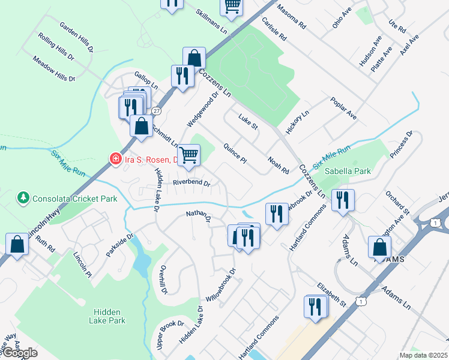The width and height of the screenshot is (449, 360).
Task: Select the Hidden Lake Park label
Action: click(109, 316)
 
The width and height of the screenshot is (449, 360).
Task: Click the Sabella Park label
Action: click(348, 171)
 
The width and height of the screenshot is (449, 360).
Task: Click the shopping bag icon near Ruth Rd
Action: click(17, 244)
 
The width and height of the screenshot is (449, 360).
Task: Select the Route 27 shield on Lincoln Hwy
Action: click(156, 111)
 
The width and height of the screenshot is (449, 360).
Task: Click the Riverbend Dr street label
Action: click(191, 183)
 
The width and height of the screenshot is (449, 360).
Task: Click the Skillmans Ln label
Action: click(212, 22)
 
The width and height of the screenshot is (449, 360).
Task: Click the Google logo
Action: click(20, 353)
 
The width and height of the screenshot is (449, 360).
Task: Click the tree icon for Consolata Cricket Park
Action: click(23, 197)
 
